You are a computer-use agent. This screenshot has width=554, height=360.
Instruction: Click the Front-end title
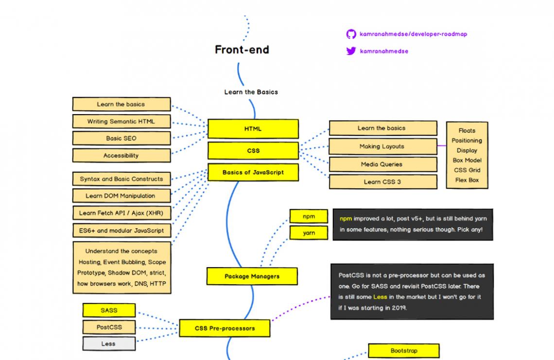click(242, 50)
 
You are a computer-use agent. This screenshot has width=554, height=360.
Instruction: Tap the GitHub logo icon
click(351, 34)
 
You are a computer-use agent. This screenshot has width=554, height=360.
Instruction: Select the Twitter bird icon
click(351, 51)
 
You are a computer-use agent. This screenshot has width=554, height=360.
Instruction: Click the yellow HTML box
click(253, 129)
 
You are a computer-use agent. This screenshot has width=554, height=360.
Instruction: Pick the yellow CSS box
click(253, 151)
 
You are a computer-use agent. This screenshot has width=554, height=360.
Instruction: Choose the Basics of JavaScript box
click(253, 172)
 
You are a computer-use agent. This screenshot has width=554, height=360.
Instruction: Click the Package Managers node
click(252, 276)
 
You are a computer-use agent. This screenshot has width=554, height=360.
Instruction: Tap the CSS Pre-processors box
click(225, 328)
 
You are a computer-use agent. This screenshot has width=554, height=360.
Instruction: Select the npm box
click(309, 217)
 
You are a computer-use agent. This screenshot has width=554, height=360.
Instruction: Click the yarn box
click(309, 233)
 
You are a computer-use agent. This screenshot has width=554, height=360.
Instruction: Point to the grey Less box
click(108, 343)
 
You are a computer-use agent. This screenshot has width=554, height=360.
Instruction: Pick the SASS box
click(109, 310)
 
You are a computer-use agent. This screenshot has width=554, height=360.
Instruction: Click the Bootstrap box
click(403, 351)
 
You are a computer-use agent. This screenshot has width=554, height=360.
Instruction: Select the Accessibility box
click(121, 155)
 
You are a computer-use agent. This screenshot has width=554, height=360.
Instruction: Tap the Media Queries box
click(382, 164)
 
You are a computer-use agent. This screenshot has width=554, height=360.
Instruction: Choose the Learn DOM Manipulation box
click(121, 196)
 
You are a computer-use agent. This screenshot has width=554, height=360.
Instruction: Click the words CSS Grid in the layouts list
click(467, 170)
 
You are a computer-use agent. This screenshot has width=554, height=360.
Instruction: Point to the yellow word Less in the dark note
click(380, 297)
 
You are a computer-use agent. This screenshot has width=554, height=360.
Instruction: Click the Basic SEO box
click(121, 138)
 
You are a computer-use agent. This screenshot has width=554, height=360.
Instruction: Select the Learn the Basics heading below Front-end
click(251, 92)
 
